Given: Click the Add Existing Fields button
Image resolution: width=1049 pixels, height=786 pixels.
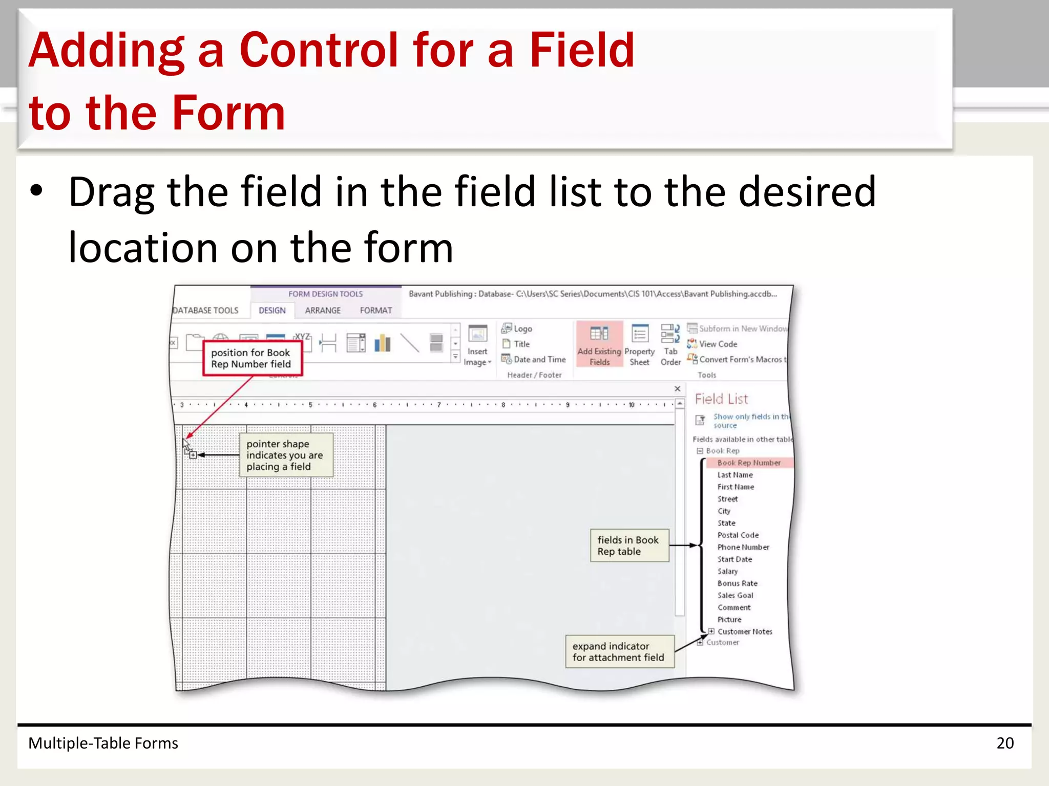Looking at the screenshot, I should point(599,344).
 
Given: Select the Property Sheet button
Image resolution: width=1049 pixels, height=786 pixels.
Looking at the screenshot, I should point(639,344).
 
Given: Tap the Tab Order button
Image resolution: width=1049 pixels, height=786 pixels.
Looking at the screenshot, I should point(670,344).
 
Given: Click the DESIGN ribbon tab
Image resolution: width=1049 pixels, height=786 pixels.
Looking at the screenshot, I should point(272,310).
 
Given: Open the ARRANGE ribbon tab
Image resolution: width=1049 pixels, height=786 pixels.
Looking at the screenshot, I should point(323,310).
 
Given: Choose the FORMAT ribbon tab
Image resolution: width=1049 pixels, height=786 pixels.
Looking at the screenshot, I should point(375,310).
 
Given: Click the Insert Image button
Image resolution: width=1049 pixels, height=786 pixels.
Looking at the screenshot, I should point(477,345).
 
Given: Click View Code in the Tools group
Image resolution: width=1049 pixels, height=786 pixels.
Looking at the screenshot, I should point(718,344).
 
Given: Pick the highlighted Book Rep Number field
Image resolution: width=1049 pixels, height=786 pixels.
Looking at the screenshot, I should point(748,463).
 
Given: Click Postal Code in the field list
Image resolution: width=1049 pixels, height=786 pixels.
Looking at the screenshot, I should point(738,535).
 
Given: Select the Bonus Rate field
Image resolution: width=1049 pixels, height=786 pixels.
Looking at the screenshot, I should point(737,583).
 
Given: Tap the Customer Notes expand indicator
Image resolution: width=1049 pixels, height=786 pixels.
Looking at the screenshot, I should point(711,631).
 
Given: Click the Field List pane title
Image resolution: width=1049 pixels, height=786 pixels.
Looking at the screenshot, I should point(721,399).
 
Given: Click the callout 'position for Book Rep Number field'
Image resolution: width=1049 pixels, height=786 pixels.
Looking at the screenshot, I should point(251,358).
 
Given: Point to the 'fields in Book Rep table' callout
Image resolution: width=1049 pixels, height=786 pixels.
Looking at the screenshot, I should point(628,545).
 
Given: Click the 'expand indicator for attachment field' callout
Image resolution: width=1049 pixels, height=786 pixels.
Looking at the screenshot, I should point(619,651).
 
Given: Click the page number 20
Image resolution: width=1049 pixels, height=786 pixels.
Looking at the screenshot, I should point(1004,743).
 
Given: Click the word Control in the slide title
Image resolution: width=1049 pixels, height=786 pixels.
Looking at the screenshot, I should point(318,50).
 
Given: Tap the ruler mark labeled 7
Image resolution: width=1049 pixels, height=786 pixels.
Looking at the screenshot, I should point(439,405).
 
